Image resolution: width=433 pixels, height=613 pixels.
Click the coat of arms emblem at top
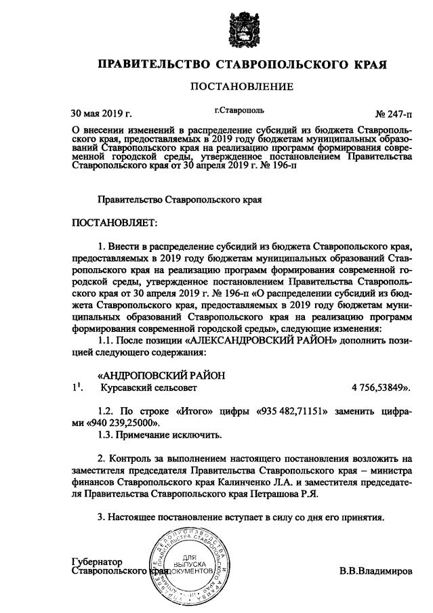pos(242,26)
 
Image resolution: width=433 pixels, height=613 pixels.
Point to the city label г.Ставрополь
pos(239,109)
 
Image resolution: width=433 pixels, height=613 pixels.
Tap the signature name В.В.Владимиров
pos(375,571)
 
